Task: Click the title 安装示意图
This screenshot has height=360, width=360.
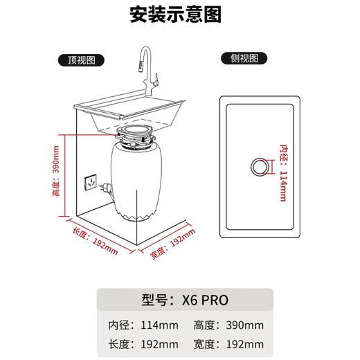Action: pos(179,15)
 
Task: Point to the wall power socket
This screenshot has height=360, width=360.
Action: pos(89,183)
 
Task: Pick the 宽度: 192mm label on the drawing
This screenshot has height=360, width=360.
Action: pos(171,245)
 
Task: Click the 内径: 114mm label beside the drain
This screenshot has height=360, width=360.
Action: pos(282,172)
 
